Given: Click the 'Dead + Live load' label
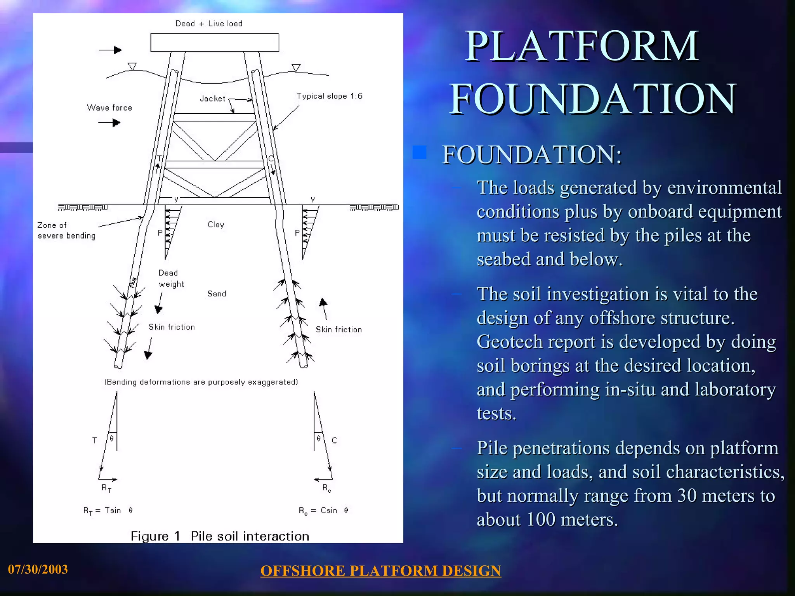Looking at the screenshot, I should pos(209,24).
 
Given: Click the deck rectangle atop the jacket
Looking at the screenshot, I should pos(215,43).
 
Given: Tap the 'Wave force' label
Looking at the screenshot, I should pos(109,108).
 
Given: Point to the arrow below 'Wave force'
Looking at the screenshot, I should pos(109,123).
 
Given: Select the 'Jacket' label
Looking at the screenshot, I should pos(212,99).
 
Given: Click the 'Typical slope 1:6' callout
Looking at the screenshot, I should pos(329,96).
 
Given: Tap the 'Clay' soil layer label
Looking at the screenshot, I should pos(216,225).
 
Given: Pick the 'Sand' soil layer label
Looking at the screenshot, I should pos(217,294).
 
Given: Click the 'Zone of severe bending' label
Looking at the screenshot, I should pos(66,230).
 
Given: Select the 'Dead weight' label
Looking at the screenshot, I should pos(171,278).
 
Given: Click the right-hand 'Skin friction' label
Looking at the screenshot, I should pos(338,330).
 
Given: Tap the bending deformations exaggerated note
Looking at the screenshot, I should pos(201,382).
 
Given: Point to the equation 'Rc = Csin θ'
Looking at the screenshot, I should pos(323,511).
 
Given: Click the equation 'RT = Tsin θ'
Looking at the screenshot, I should pos(108,511).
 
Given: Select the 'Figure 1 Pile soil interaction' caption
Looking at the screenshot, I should pos(220,536).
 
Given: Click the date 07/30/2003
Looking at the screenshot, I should pos(38,569).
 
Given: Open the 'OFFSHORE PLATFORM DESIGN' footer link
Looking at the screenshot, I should pos(380,571).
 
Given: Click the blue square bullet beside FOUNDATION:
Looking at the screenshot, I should pos(419,153).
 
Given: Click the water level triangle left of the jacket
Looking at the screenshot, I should pos(132,66).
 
